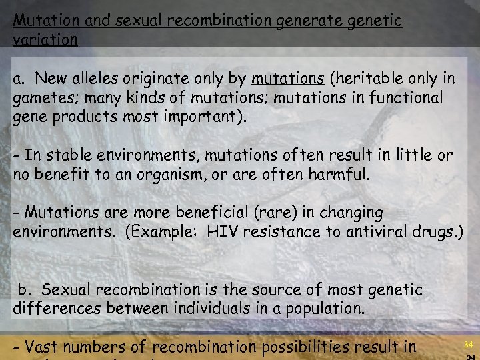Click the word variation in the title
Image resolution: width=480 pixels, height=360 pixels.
coord(45,39)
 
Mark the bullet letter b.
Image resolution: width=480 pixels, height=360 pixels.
coord(25,290)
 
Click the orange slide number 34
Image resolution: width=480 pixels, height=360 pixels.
coord(469,345)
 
